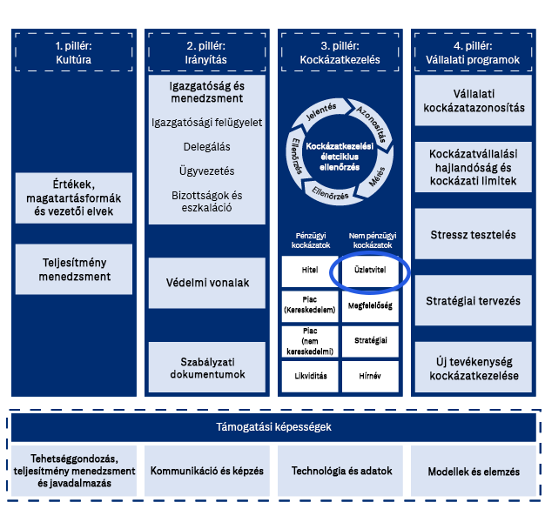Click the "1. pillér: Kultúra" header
coord(73,51)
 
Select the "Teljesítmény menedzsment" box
coord(74,269)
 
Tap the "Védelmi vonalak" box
coord(207,283)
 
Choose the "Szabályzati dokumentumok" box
coord(207,367)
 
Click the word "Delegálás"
coord(207,147)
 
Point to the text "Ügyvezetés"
coord(207,171)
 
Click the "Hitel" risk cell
coord(309,271)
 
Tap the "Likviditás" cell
coord(309,375)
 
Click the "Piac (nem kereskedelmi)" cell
coord(309,341)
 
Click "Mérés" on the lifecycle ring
coord(378,179)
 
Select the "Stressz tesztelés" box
coord(473,235)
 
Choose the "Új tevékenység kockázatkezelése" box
coord(473,368)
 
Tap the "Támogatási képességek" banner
coord(273,427)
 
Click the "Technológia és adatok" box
coord(341,471)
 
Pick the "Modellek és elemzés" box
coord(473,472)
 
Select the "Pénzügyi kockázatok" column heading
coord(309,240)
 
